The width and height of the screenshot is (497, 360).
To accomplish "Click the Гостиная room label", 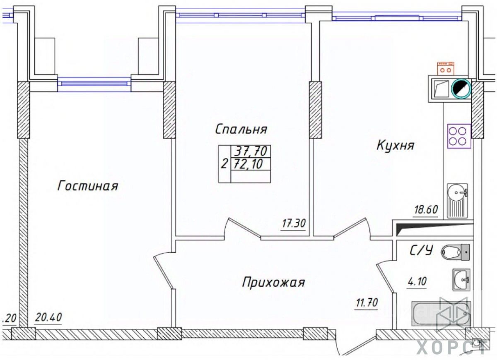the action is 88,186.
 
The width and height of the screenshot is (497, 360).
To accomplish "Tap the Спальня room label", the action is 241,129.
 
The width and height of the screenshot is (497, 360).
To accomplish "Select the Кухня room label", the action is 395,145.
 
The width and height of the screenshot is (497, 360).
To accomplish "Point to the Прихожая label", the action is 273,283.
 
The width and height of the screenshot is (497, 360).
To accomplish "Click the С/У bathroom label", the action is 421,250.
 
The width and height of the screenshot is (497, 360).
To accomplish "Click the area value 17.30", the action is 293,224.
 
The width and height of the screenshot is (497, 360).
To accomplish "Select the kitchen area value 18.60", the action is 426,209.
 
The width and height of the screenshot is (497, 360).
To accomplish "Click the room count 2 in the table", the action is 224,164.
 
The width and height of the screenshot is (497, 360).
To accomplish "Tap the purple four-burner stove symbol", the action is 458,136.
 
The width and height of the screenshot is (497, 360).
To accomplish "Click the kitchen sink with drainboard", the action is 457,201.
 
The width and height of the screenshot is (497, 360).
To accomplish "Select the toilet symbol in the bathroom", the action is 456,252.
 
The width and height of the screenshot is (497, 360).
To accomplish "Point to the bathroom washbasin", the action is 461,280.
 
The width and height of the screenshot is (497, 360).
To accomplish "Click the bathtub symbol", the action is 441,314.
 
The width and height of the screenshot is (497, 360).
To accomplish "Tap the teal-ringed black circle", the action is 461,88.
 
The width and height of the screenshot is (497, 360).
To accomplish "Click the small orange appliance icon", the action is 446,68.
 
